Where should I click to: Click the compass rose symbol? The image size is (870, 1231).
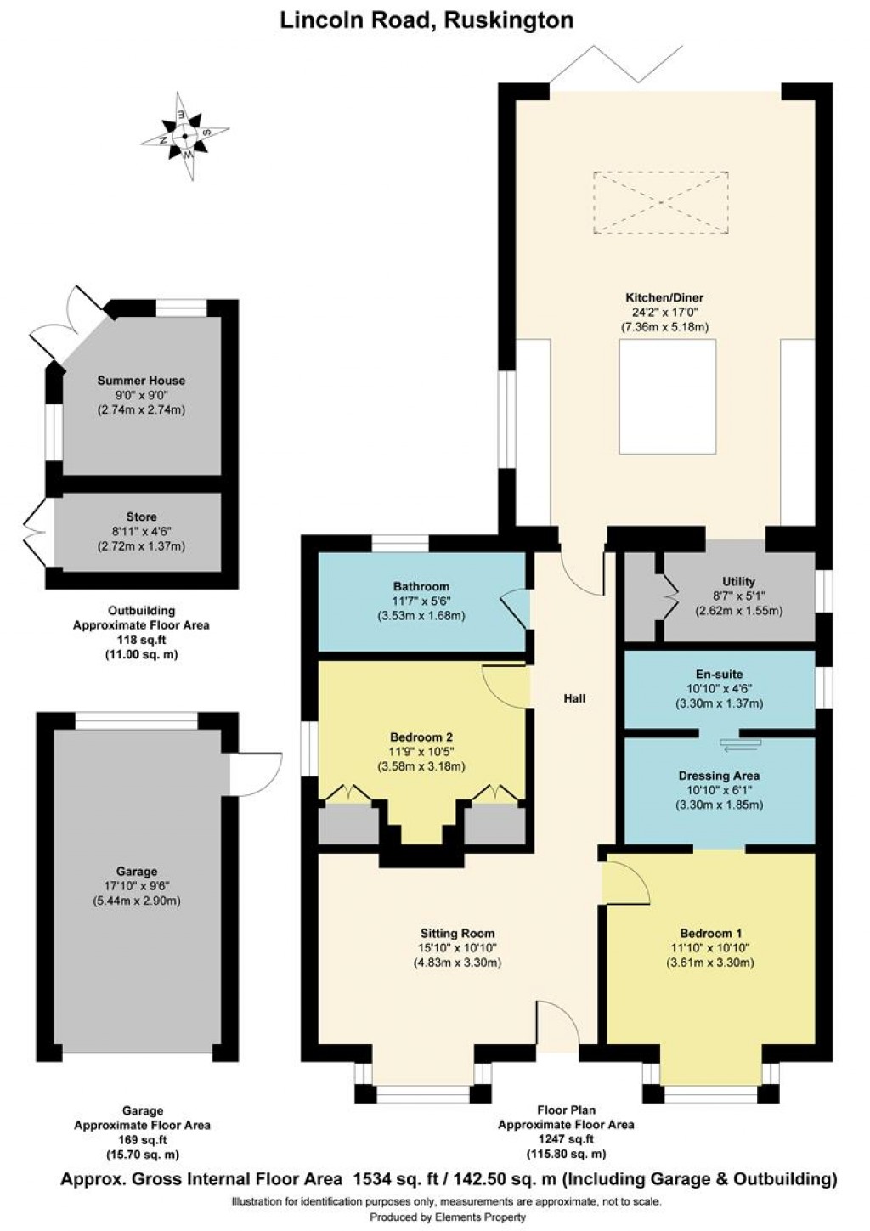pyautogui.click(x=185, y=136)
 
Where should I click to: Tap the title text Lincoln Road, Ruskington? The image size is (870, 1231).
pyautogui.click(x=427, y=20)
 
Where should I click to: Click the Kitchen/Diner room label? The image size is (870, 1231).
pyautogui.click(x=664, y=298)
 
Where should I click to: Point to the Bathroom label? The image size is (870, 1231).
pyautogui.click(x=421, y=586)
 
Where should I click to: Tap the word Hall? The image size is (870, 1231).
pyautogui.click(x=574, y=698)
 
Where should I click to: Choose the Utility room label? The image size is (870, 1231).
pyautogui.click(x=738, y=581)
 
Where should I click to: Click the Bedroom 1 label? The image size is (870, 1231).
pyautogui.click(x=709, y=933)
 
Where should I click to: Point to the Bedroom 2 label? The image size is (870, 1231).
pyautogui.click(x=421, y=737)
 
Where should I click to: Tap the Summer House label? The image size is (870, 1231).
pyautogui.click(x=141, y=381)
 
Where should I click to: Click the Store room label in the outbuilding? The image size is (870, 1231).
pyautogui.click(x=141, y=517)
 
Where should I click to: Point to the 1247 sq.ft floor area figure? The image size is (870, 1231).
pyautogui.click(x=565, y=1139)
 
